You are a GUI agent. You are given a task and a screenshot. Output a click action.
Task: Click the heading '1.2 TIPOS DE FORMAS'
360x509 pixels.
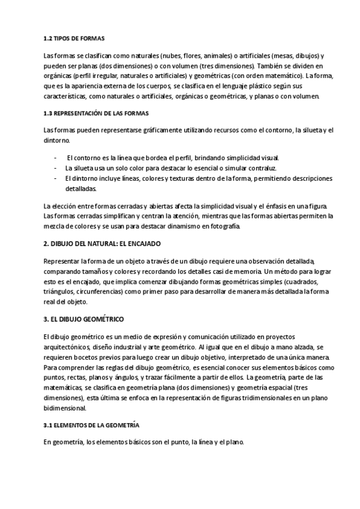pos(74,38)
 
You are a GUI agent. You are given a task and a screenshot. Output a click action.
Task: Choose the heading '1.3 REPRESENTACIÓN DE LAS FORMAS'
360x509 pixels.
pos(97,113)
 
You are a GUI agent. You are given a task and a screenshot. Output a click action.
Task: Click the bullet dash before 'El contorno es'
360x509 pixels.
pos(56,158)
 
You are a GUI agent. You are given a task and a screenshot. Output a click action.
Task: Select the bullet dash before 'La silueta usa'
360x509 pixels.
pos(56,168)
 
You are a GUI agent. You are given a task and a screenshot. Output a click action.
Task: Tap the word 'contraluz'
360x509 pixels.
pos(263,168)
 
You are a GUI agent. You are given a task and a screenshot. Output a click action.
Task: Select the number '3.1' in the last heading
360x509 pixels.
pos(48,425)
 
